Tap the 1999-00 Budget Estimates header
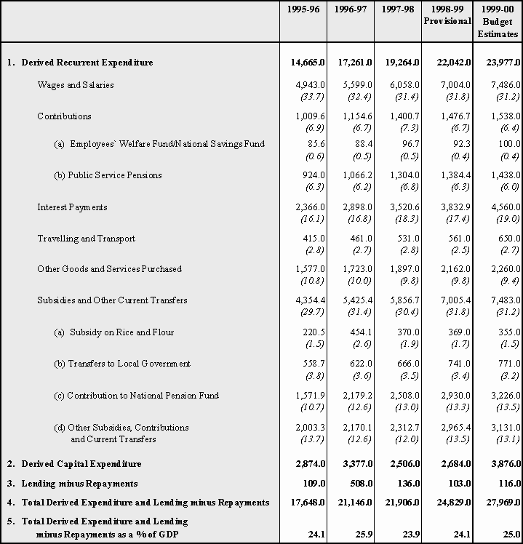point(498,21)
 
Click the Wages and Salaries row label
point(76,85)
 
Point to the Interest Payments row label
point(72,207)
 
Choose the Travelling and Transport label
point(86,239)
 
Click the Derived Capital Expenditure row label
point(81,464)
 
